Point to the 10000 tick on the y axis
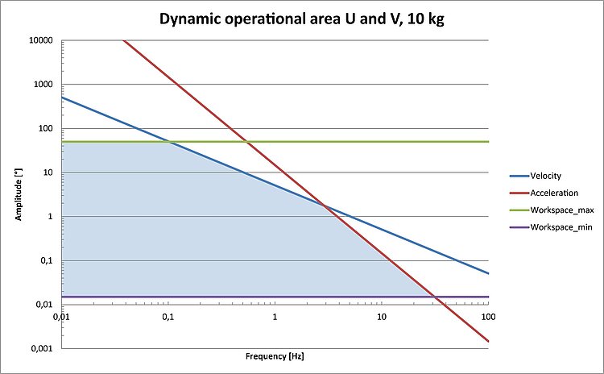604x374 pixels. (x=42, y=40)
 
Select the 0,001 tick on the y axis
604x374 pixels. (x=43, y=348)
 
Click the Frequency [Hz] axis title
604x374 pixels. (x=275, y=355)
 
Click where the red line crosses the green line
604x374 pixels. (x=248, y=142)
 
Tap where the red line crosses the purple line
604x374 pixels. (x=436, y=297)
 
